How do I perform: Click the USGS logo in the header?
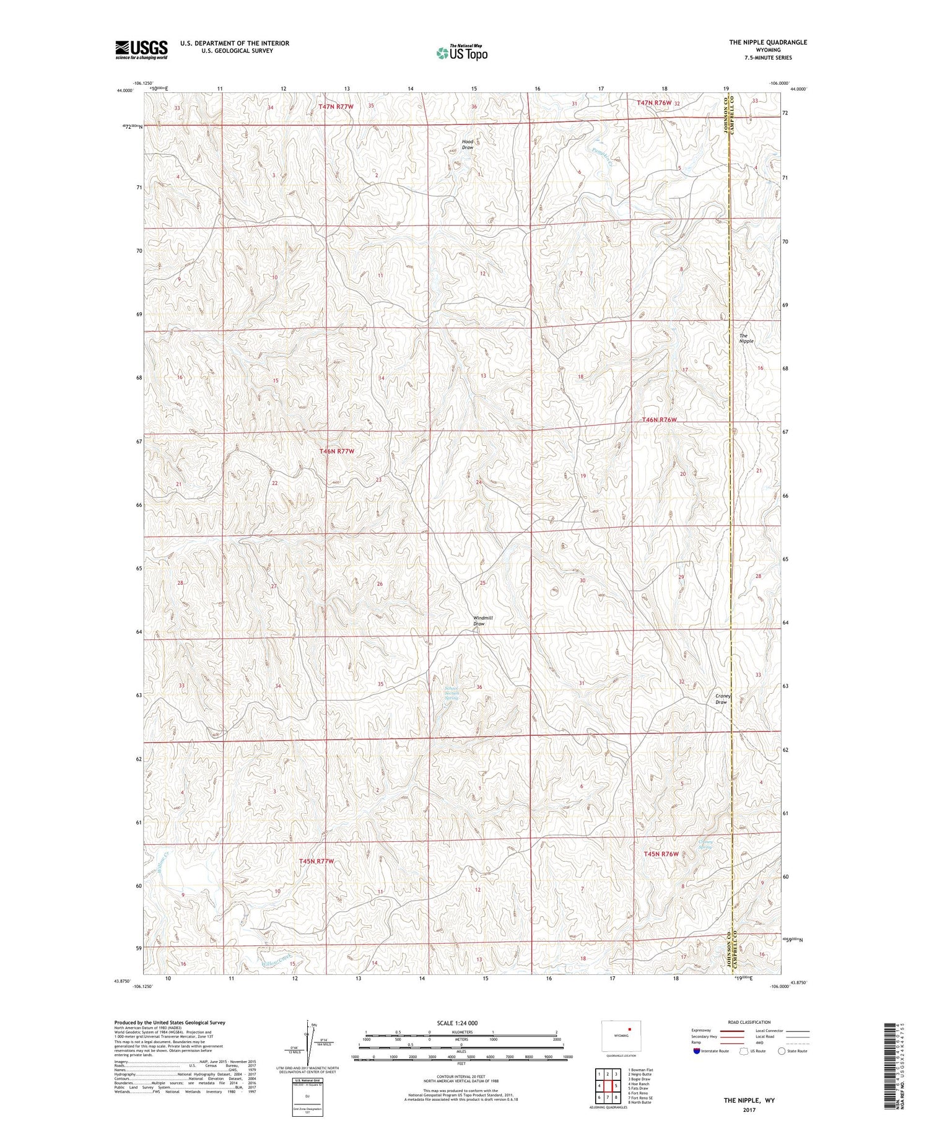tap(141, 50)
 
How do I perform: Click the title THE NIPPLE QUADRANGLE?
tap(768, 42)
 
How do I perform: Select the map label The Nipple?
tap(746, 338)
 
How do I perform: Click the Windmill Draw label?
tap(482, 621)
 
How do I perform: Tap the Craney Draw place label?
tap(723, 699)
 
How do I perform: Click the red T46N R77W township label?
tap(337, 452)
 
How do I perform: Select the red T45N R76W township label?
tap(661, 854)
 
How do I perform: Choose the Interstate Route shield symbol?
tap(696, 1051)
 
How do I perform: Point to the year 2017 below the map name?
tap(750, 1109)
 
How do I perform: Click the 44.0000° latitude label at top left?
tap(124, 90)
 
